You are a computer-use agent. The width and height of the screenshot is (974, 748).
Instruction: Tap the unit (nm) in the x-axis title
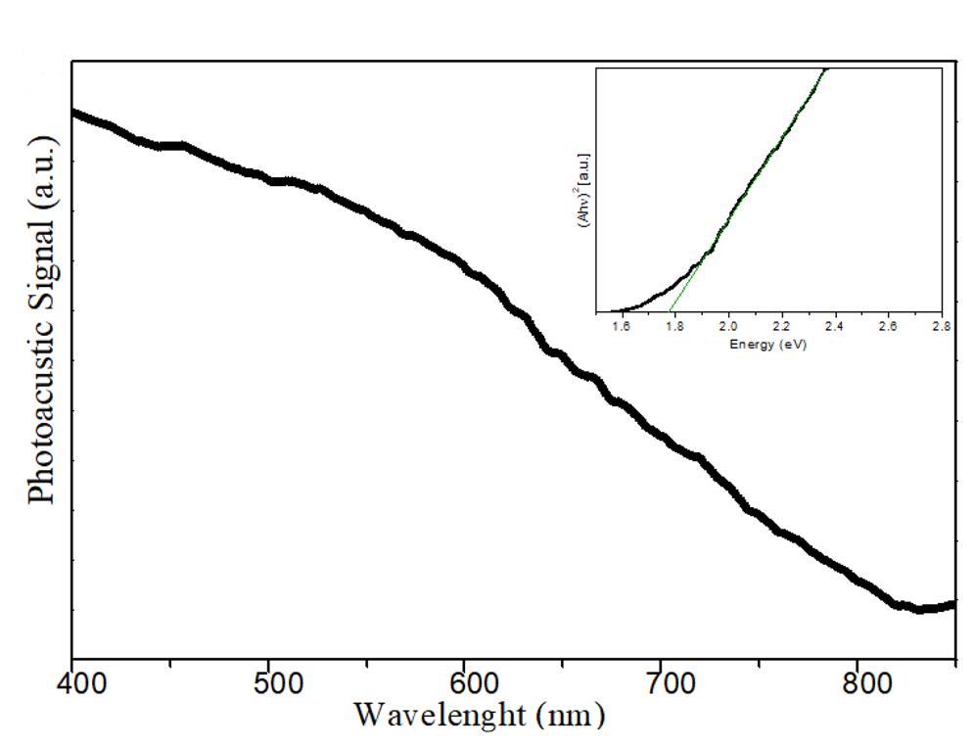(571, 716)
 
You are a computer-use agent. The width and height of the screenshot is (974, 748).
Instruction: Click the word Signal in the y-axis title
(42, 261)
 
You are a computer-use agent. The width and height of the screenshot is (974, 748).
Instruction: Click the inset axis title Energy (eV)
(767, 345)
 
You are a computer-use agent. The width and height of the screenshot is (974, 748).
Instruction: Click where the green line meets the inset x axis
(671, 310)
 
